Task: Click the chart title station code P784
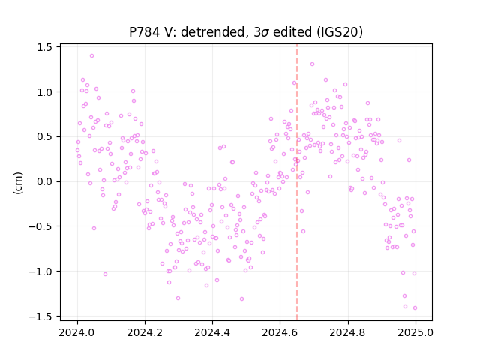144,32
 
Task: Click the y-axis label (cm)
18,183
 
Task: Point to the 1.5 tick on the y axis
45,47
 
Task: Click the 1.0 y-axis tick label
45,92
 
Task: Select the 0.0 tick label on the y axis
45,181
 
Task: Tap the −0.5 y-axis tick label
40,226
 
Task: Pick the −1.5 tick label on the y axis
40,316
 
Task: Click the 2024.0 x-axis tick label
77,332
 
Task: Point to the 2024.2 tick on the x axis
145,332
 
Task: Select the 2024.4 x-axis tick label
212,332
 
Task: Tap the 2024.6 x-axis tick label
280,332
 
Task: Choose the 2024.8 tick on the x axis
348,332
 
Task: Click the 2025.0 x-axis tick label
415,332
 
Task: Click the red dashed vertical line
297,182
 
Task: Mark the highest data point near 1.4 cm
91,56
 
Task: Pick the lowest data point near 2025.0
415,308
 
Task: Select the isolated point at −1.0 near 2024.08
105,274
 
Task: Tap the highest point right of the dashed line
312,64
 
